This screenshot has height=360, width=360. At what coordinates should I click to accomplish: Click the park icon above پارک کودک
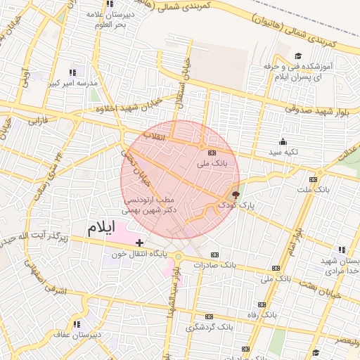235,194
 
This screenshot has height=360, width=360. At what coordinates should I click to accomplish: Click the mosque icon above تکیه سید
283,142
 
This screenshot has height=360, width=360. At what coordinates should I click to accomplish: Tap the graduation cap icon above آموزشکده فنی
297,56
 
